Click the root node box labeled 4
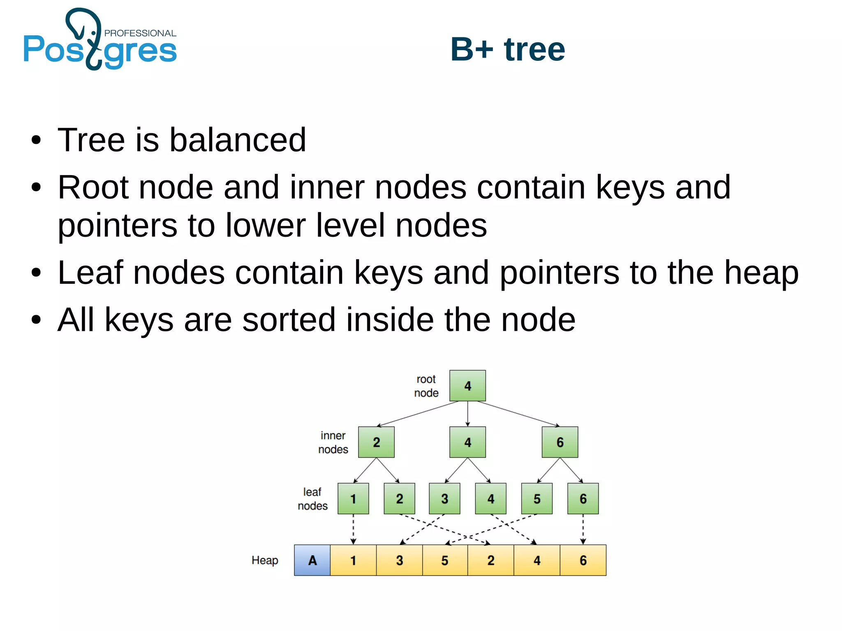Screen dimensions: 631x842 tap(467, 386)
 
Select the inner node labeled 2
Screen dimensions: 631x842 tap(376, 442)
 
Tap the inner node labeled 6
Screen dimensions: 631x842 tap(560, 442)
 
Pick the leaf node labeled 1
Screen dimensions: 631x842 tap(353, 499)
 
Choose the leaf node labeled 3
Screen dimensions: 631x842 tap(444, 499)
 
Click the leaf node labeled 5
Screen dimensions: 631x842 tap(537, 499)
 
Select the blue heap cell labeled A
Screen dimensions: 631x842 tap(312, 560)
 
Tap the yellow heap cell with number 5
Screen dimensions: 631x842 tap(445, 560)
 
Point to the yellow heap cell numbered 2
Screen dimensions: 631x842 tap(490, 560)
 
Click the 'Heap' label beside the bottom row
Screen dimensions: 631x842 tap(265, 560)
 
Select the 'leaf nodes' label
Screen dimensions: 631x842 tap(312, 499)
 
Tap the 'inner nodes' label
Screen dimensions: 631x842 tap(333, 442)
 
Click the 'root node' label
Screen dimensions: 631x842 tap(426, 386)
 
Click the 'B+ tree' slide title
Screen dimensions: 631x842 tap(508, 49)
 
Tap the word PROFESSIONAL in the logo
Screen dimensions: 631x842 tap(140, 33)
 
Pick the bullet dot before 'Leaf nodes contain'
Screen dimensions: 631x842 tap(36, 273)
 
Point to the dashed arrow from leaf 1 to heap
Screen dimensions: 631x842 tap(353, 529)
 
